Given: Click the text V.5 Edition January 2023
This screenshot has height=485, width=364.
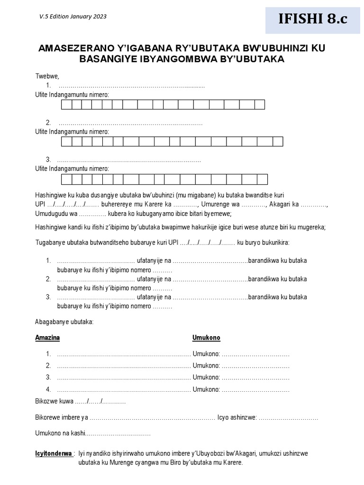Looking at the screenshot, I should (x=73, y=17).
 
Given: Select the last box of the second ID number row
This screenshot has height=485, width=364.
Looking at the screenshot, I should (x=278, y=142).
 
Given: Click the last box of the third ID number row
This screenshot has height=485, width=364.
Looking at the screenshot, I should (x=262, y=179).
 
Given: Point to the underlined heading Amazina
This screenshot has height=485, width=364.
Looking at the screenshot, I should (x=47, y=338).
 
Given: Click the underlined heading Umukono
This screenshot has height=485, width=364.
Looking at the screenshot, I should (x=206, y=338).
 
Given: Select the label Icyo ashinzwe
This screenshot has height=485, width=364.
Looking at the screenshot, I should (x=237, y=417).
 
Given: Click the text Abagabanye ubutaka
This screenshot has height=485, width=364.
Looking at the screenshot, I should (x=64, y=322).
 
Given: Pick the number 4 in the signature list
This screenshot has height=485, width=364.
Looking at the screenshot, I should (x=48, y=389).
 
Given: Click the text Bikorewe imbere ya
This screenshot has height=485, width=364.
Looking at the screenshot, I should (x=62, y=417).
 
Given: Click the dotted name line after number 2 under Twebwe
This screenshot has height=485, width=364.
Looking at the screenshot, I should (x=130, y=123).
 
